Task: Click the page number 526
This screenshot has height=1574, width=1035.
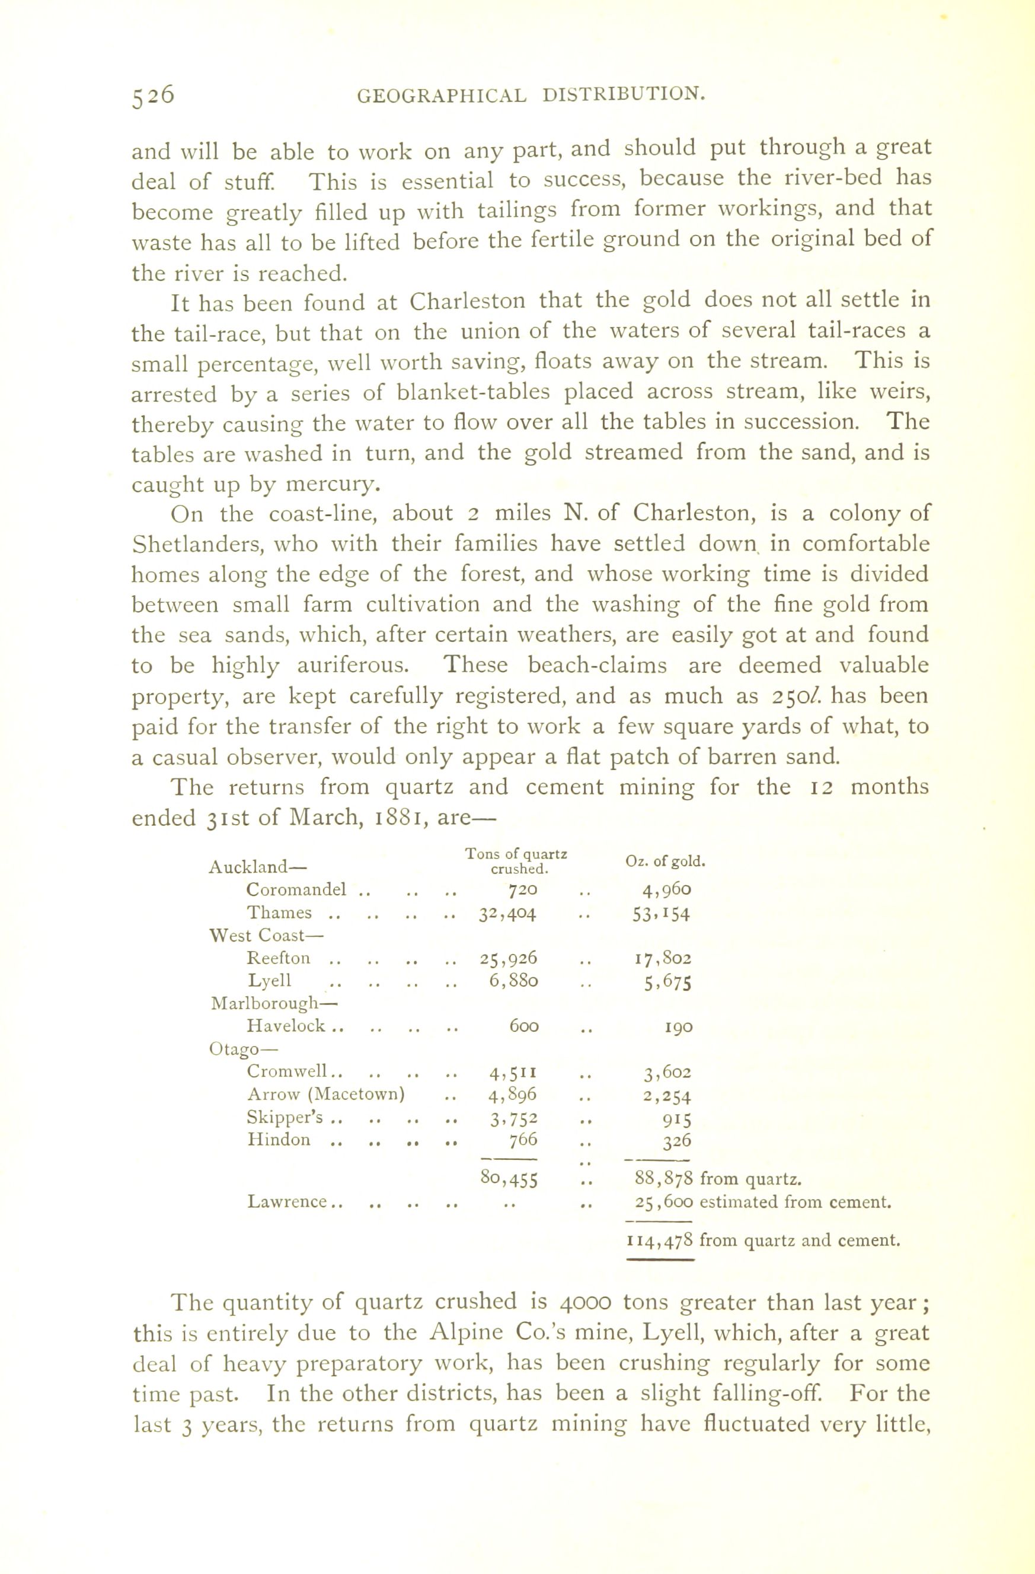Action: [x=154, y=96]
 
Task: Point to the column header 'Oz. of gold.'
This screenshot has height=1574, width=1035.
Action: [x=665, y=861]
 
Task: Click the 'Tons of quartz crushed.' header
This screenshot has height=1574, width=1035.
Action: [x=516, y=861]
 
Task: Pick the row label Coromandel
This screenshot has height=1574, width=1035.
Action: [x=296, y=889]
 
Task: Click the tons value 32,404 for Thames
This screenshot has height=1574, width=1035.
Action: [x=508, y=913]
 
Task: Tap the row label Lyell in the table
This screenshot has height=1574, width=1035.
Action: [x=269, y=980]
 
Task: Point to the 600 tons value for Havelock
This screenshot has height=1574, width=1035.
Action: [x=523, y=1026]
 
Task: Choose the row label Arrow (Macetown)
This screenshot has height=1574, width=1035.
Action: [x=325, y=1095]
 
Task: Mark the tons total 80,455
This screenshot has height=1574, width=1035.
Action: [x=509, y=1178]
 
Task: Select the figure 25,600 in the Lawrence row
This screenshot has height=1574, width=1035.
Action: [x=663, y=1201]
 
